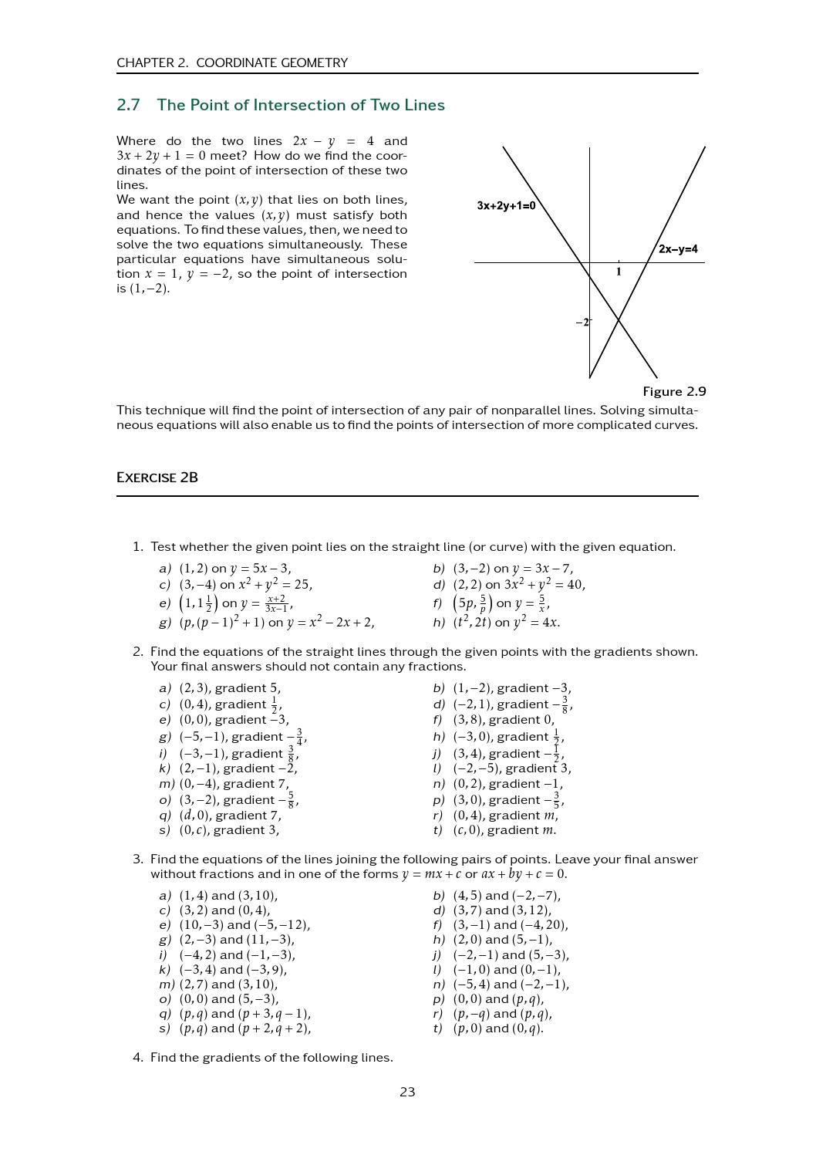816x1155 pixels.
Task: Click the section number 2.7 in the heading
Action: click(x=128, y=105)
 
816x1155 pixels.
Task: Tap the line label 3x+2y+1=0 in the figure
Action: click(x=506, y=206)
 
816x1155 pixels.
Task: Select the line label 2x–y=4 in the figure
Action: click(x=678, y=249)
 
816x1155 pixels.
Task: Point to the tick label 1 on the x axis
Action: click(x=619, y=272)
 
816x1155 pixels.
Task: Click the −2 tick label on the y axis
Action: click(x=582, y=323)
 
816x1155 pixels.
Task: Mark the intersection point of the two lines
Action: click(x=619, y=319)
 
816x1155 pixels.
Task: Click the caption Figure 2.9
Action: click(x=674, y=391)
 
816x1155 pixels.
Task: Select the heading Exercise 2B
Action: click(x=157, y=478)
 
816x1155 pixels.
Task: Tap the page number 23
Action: click(x=407, y=1092)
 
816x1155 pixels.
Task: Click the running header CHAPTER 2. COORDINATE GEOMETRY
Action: click(x=232, y=62)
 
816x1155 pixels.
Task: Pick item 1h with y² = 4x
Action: click(x=505, y=622)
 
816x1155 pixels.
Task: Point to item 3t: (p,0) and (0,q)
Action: click(x=497, y=1028)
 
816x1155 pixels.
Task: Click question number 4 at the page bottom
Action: click(x=137, y=1058)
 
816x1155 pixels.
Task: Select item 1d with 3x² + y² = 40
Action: click(x=518, y=585)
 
